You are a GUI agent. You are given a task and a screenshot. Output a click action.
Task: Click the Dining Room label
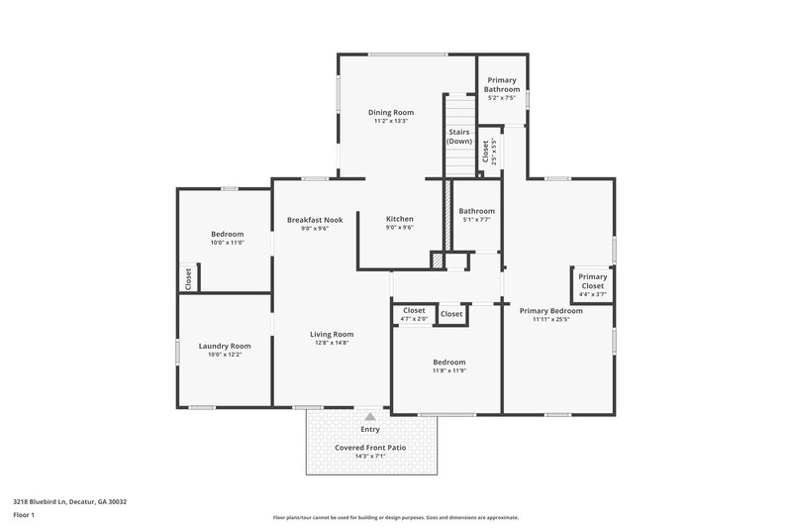coord(391,112)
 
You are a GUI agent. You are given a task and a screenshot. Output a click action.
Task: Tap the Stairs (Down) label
coord(458,136)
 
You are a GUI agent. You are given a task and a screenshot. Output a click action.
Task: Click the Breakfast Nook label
coord(315,219)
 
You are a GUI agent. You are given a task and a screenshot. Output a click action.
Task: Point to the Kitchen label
coord(399,219)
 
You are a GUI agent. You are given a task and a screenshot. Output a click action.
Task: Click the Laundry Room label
coord(225,346)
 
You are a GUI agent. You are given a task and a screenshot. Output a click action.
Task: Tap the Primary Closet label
coord(593,281)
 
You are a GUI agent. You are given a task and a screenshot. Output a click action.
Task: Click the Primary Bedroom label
coord(551,310)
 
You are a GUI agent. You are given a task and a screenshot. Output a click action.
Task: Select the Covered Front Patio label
coord(370,448)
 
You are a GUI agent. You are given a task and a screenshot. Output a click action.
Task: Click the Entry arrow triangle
coord(370,417)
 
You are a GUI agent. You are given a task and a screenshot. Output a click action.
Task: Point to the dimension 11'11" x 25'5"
coord(551,319)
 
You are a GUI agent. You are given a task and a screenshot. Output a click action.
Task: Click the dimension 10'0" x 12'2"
coord(225,355)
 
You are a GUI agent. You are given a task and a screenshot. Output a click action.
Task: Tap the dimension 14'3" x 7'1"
coord(370,457)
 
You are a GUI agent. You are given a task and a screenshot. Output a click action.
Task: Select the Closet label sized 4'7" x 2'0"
coord(414,310)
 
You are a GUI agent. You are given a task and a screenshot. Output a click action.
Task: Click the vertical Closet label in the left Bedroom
coord(188,278)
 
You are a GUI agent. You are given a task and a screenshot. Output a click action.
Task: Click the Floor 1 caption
coord(25,516)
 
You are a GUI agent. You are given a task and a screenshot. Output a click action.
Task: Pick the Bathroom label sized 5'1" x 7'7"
coord(476,211)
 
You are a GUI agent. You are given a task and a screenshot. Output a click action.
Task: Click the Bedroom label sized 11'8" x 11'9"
coord(448,362)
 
